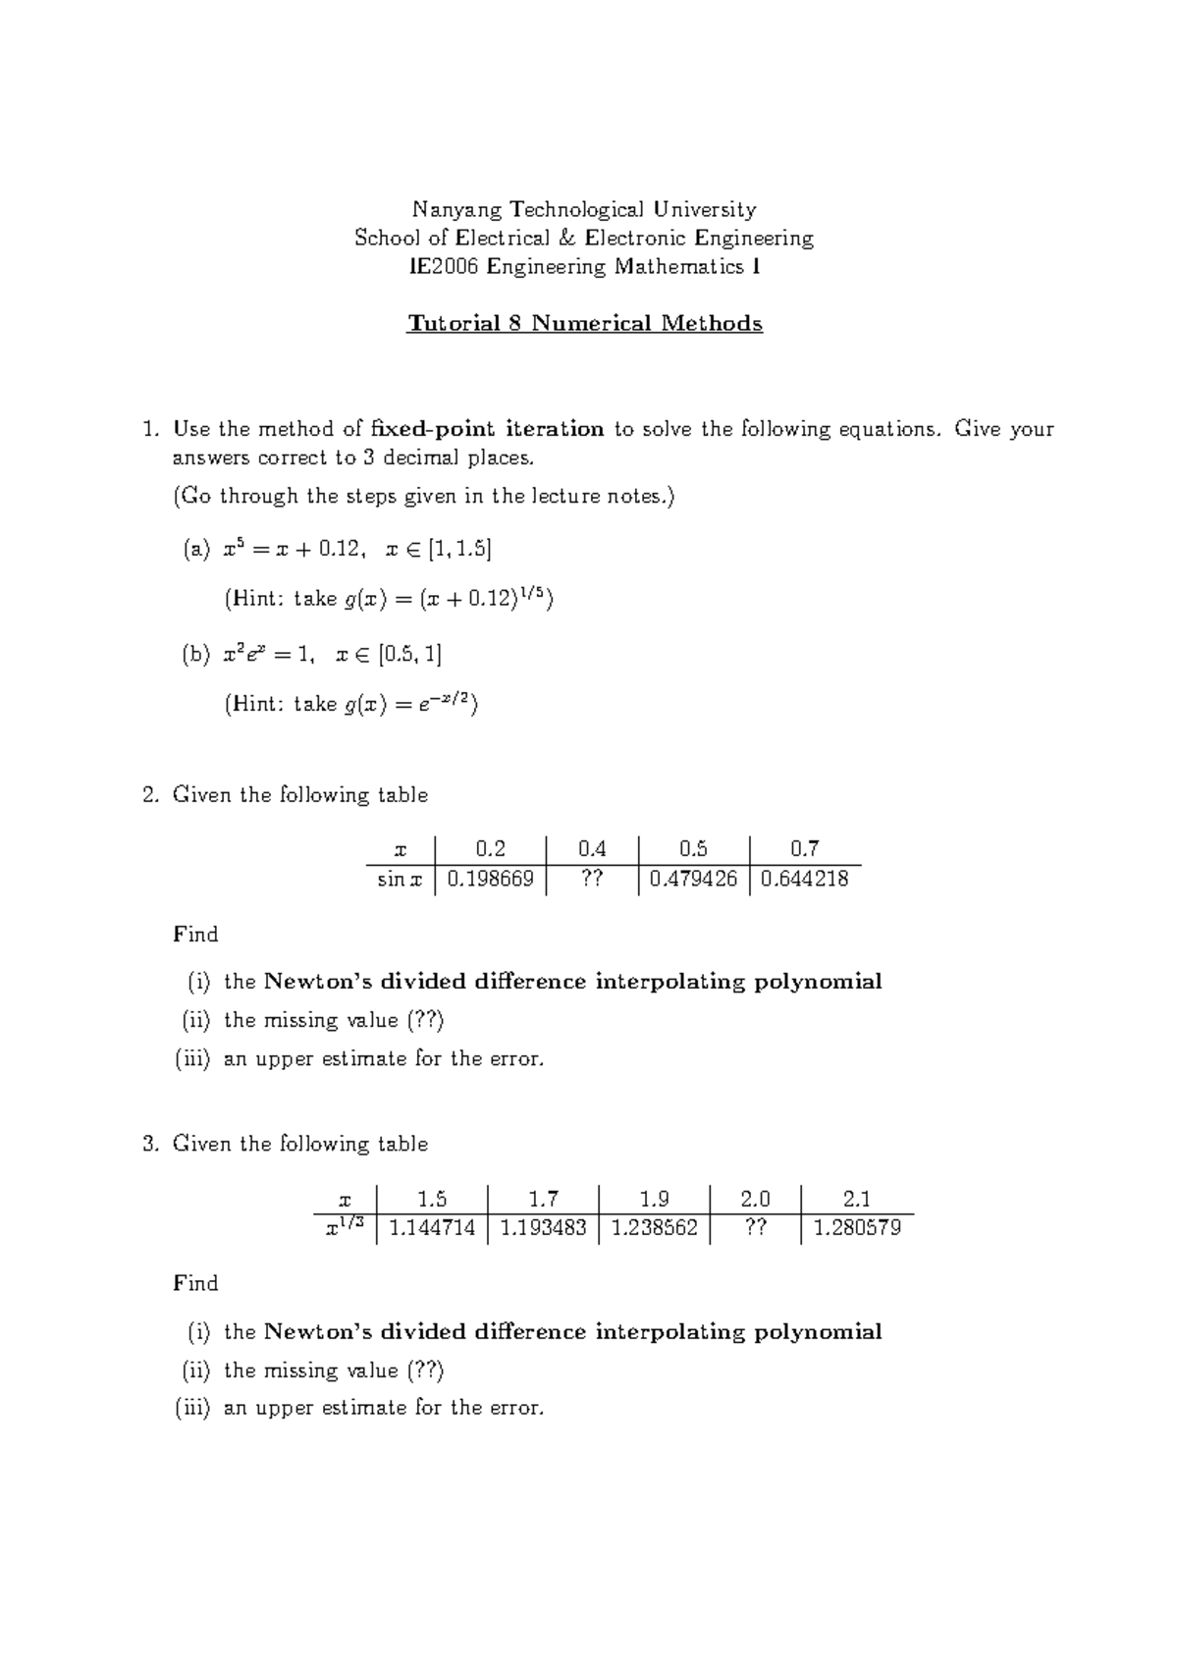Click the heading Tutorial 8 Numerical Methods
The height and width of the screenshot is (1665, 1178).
[585, 324]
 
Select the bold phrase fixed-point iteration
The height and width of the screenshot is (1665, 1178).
[488, 429]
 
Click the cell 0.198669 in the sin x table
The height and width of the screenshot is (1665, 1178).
[490, 879]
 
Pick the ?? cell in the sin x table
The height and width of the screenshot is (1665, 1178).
[592, 879]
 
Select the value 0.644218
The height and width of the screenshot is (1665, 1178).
[804, 879]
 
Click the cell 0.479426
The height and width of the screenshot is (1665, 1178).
[693, 879]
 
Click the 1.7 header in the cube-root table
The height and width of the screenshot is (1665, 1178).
[543, 1199]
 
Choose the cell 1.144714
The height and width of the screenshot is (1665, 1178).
[432, 1228]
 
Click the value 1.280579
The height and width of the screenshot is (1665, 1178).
[857, 1228]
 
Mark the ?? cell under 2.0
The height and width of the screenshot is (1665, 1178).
[754, 1228]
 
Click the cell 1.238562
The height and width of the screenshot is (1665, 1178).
[654, 1228]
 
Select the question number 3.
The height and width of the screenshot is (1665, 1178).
[149, 1144]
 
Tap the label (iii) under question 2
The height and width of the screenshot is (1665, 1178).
[192, 1058]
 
